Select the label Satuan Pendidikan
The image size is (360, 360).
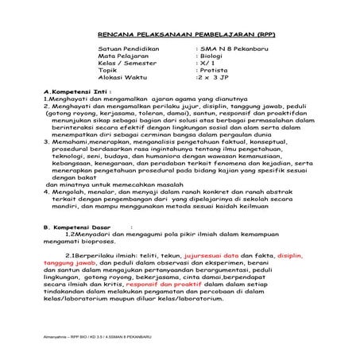click(x=126, y=49)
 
